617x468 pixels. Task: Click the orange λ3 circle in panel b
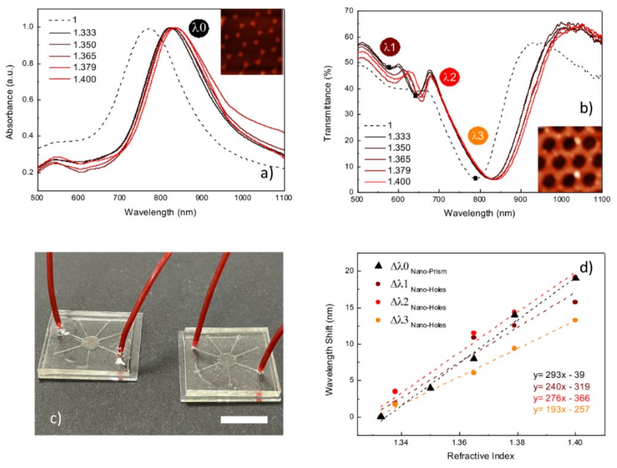coord(478,136)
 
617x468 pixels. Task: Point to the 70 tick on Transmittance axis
coord(349,11)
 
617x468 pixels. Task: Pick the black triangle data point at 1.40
coord(575,278)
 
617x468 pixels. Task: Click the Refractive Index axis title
coord(480,456)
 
